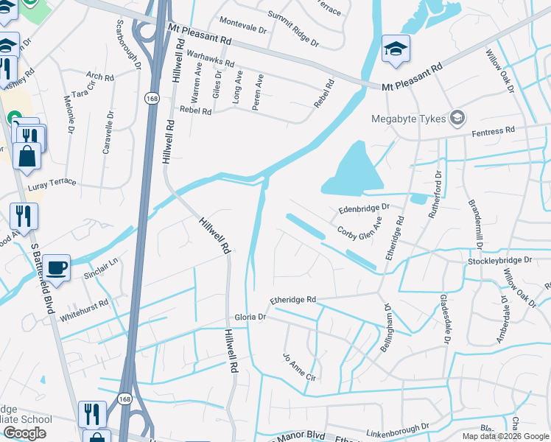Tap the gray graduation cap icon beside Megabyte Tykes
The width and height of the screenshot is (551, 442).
(x=457, y=118)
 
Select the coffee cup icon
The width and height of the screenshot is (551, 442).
(x=55, y=267)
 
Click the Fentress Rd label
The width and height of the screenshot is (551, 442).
(x=493, y=131)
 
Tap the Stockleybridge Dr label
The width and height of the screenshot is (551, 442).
(x=499, y=261)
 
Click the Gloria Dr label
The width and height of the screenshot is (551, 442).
(x=250, y=316)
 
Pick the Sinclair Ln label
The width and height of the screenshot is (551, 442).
(x=101, y=270)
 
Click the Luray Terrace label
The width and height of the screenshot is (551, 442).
(x=52, y=182)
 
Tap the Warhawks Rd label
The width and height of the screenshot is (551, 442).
(x=210, y=59)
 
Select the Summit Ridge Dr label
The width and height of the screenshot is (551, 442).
(x=292, y=28)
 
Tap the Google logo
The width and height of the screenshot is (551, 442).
(x=24, y=433)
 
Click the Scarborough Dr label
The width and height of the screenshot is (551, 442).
(x=127, y=44)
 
